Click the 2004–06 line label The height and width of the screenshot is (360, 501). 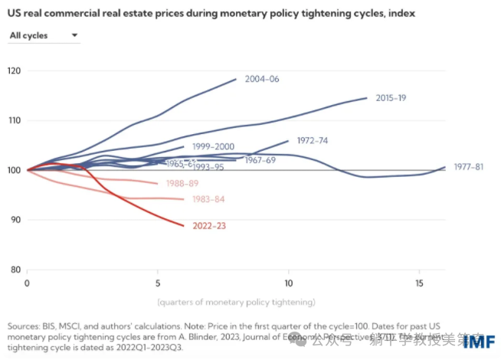coord(261,79)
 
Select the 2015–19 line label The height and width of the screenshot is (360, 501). coord(391,98)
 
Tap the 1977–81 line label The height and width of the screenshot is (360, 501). coord(469,167)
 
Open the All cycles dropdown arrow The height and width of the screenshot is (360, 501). coord(74,35)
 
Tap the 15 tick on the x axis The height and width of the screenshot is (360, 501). coord(419,283)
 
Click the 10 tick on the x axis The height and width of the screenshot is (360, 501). coord(289,283)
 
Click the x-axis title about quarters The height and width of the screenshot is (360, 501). coord(236,301)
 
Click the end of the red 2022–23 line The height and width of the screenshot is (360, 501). coord(184,226)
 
